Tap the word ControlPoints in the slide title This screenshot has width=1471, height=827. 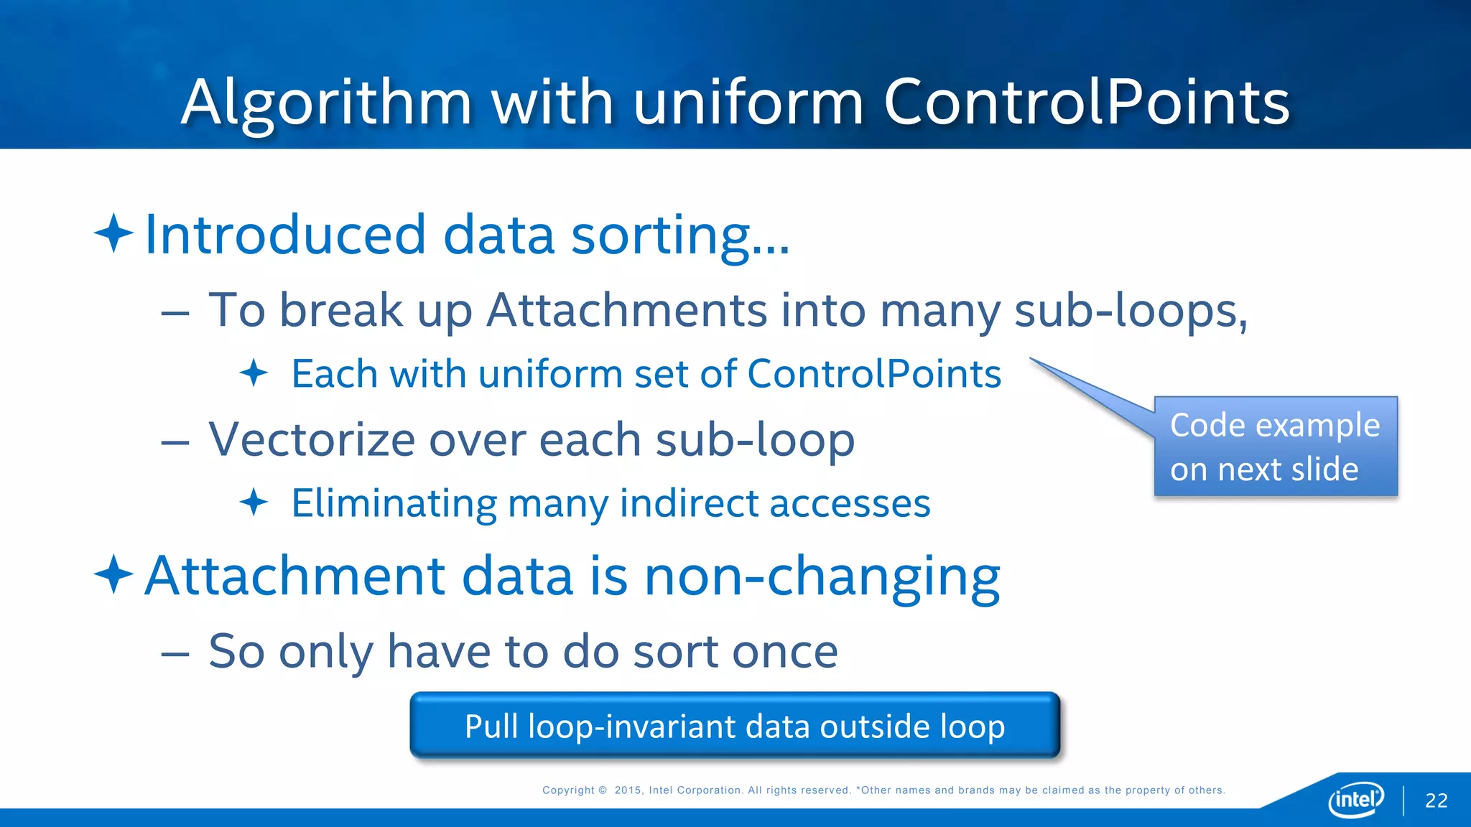coord(1086,103)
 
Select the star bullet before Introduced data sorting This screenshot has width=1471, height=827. coord(113,233)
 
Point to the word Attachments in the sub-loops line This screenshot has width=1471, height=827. coord(627,310)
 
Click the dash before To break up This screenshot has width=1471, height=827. coord(175,313)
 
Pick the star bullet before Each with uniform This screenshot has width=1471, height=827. coord(254,373)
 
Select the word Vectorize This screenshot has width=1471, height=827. coord(312,439)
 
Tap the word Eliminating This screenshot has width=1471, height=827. coord(394,503)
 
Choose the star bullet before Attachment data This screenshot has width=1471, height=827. coord(113,574)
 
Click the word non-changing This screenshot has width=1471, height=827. coord(822,576)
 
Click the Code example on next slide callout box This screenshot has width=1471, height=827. coord(1275,447)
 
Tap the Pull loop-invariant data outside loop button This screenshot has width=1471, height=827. coord(734,726)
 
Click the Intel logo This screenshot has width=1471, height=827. coord(1355,798)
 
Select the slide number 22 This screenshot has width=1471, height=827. coord(1436,800)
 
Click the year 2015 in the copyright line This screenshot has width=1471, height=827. coord(628,790)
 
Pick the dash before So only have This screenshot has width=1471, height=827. coord(175,654)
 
